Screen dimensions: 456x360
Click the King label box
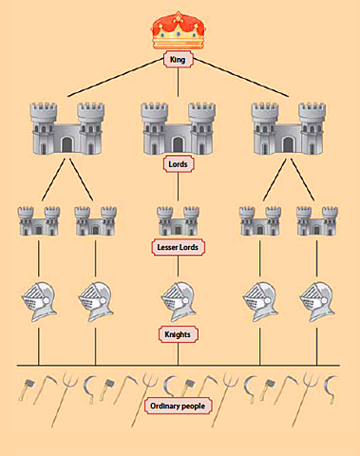tap(178, 60)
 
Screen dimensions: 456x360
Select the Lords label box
tap(178, 163)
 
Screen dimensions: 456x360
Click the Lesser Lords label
tap(179, 247)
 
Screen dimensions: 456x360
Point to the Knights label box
tap(178, 333)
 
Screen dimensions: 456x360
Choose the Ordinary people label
tap(178, 407)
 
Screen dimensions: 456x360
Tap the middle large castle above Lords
tap(178, 126)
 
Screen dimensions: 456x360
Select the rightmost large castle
tap(287, 126)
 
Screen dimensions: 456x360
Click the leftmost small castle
tap(38, 219)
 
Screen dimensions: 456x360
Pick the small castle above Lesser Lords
tap(178, 219)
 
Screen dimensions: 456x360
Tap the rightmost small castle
tap(316, 219)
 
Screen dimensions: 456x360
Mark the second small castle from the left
tap(95, 219)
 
